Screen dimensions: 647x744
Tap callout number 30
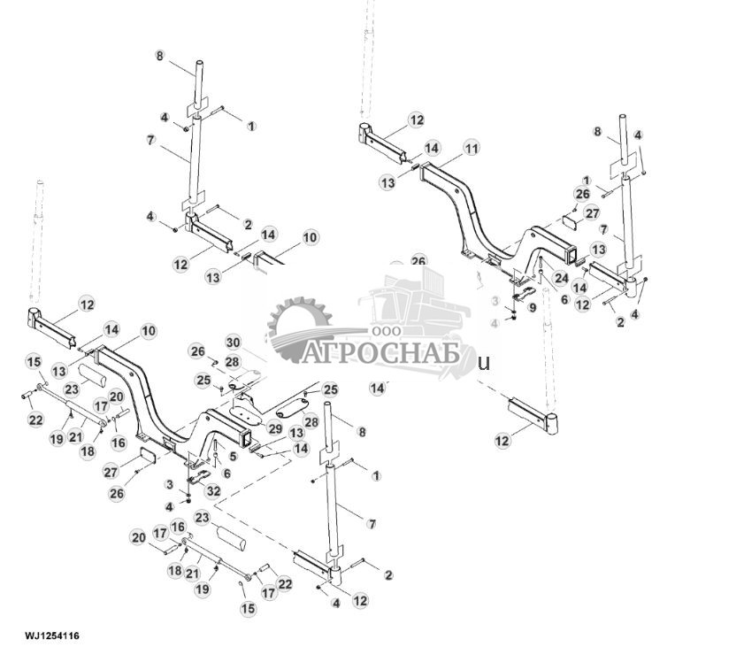[x=233, y=342]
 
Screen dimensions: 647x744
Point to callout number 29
[x=274, y=428]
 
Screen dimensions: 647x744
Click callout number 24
[x=560, y=277]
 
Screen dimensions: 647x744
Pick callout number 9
[x=532, y=307]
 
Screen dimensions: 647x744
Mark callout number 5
[x=233, y=456]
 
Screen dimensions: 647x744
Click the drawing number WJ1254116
[x=52, y=635]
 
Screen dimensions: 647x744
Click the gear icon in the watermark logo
[x=296, y=329]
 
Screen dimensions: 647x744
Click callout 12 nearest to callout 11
[x=416, y=120]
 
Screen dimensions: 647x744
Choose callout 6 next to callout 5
[x=226, y=474]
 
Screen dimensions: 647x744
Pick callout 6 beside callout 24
[x=563, y=300]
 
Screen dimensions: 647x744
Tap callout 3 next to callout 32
[x=170, y=483]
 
